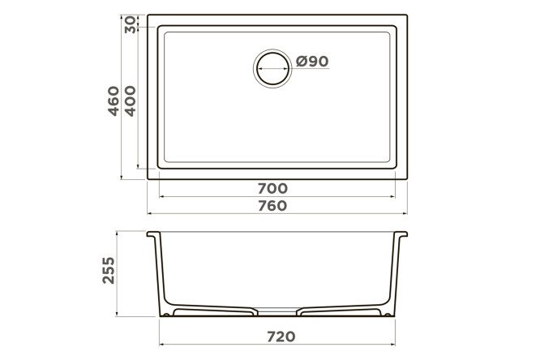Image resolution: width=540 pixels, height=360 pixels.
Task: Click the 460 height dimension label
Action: click(x=114, y=101)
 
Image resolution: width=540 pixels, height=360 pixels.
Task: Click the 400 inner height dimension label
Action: click(x=131, y=101)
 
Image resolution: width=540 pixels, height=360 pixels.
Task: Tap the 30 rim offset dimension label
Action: click(x=131, y=25)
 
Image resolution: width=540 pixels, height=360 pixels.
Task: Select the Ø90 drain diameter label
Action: click(x=312, y=62)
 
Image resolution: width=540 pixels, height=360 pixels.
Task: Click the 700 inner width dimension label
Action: click(x=272, y=188)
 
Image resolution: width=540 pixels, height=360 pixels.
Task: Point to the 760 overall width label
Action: click(x=272, y=206)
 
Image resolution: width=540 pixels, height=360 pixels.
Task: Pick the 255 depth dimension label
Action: click(x=109, y=270)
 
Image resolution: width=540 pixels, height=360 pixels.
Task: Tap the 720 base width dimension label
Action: click(x=281, y=336)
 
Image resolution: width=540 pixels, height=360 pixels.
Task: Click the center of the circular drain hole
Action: click(x=272, y=69)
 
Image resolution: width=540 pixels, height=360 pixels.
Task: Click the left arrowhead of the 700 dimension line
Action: click(x=162, y=197)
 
